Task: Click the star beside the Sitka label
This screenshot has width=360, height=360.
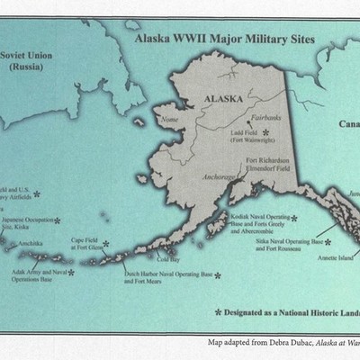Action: pos(328,241)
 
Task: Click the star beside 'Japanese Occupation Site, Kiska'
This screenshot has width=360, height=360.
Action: pos(58,220)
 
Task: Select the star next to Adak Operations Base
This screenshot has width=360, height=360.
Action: pos(71,271)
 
